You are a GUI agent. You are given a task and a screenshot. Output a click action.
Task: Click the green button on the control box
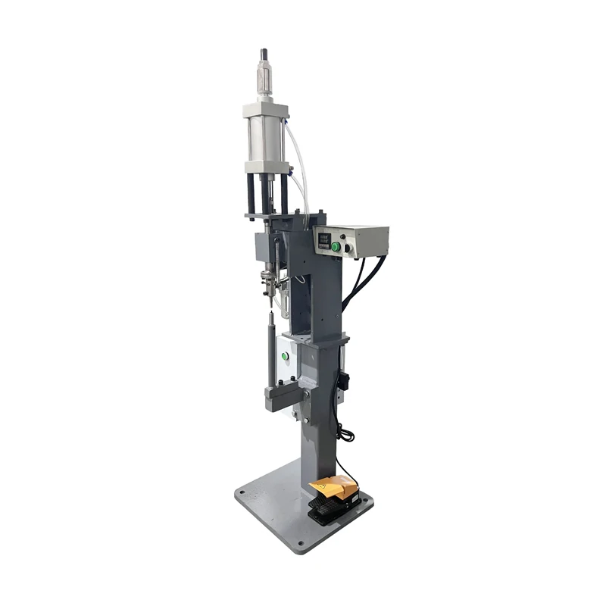pyautogui.click(x=336, y=246)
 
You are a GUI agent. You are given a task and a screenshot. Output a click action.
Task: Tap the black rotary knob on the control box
pyautogui.click(x=349, y=246)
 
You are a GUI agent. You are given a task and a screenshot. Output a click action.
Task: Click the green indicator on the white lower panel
pyautogui.click(x=286, y=355)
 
